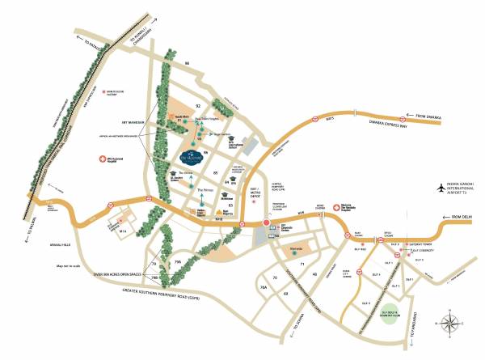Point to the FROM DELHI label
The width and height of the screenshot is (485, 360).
click(463, 216)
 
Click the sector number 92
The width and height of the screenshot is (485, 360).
click(197, 106)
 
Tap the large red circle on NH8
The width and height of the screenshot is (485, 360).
click(266, 223)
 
